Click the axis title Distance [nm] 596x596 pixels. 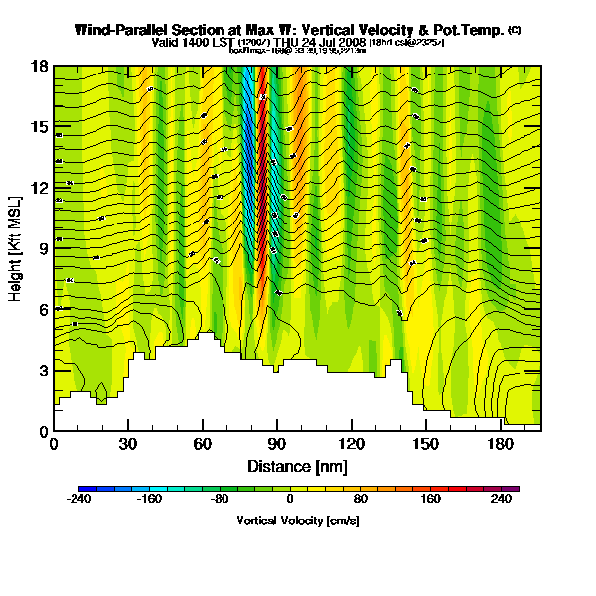pyautogui.click(x=297, y=466)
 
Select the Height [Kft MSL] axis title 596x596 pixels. pyautogui.click(x=16, y=248)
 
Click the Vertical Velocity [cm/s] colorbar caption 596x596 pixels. pyautogui.click(x=298, y=520)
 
